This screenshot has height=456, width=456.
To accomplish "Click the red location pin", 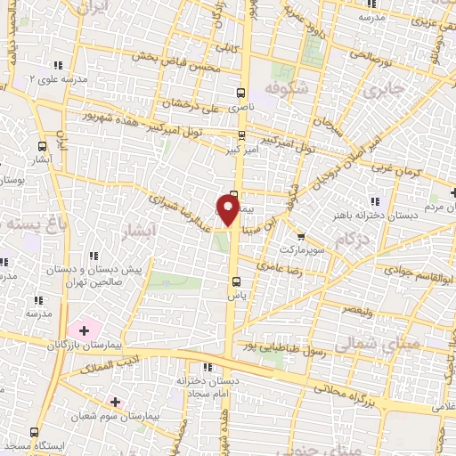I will tap(228, 210).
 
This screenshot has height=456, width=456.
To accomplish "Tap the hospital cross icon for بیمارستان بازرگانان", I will tap(84, 330).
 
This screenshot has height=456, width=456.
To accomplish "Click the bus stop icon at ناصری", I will tap(240, 92).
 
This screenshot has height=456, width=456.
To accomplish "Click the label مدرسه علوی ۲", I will tap(58, 79).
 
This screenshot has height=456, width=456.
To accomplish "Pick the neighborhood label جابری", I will tap(384, 89).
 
